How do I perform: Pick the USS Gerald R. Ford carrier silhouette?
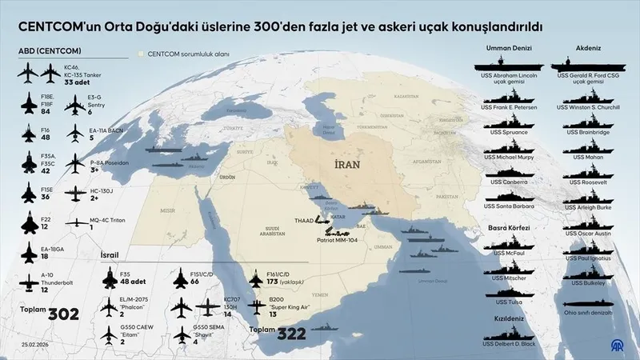[593, 64]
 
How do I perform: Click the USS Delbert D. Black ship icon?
[510, 333]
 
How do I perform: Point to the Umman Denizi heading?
[509, 48]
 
